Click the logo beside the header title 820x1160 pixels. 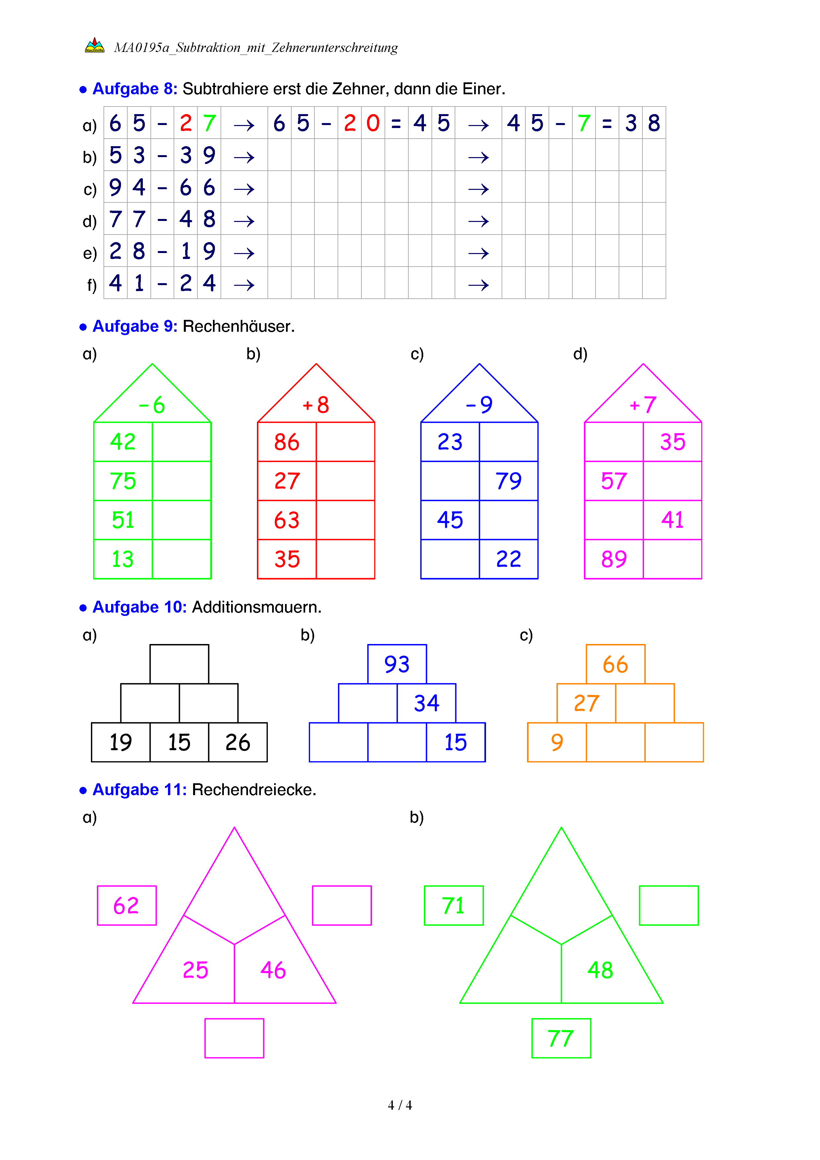pos(95,45)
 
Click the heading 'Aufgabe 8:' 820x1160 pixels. pos(135,89)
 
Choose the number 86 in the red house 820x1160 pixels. pos(287,442)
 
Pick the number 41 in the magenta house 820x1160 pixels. pos(672,520)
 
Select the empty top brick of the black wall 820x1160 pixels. pos(179,664)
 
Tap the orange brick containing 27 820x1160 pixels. pos(586,703)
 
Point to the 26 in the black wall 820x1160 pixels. pos(238,742)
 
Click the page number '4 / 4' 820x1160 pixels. pos(399,1105)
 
